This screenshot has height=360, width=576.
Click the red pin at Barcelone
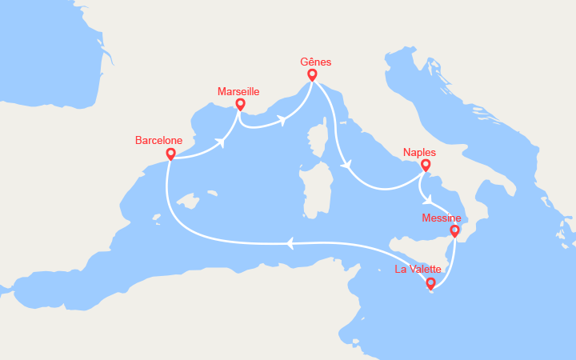tap(170, 154)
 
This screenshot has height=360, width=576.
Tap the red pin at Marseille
tap(240, 105)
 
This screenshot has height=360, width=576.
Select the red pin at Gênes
tap(312, 75)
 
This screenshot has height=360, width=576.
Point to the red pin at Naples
tap(426, 166)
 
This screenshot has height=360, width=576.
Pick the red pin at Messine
tap(454, 231)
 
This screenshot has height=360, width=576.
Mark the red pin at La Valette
tap(430, 283)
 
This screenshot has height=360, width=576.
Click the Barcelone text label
tap(158, 140)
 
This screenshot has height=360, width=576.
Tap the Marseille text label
tap(238, 92)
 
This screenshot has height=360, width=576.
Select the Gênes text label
tap(315, 62)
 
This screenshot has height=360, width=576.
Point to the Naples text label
tap(420, 152)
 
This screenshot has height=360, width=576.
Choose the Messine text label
tap(441, 217)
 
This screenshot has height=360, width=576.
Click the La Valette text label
tap(418, 270)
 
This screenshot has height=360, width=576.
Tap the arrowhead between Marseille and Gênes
tap(282, 121)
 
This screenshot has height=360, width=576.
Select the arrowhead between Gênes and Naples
tap(346, 166)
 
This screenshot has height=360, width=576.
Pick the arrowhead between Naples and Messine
tap(429, 199)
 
